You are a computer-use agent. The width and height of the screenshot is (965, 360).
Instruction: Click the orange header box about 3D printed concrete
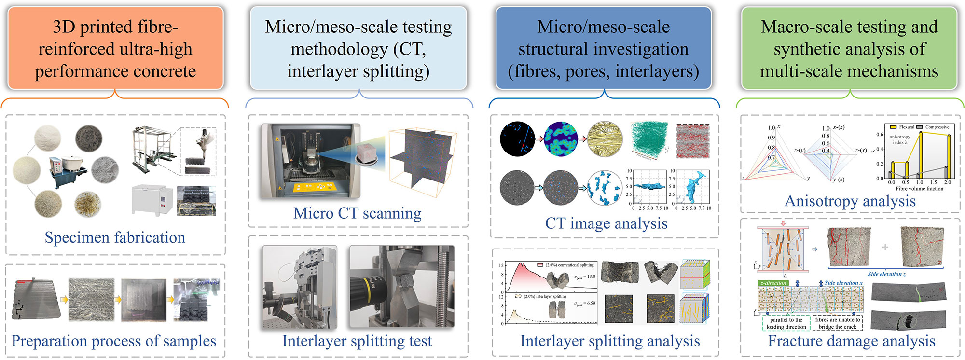click(115, 48)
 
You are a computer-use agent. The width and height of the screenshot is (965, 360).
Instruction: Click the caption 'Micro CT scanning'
click(357, 213)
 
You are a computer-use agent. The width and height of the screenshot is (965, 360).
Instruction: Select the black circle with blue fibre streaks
click(517, 138)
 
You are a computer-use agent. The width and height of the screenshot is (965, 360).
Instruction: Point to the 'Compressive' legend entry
click(937, 127)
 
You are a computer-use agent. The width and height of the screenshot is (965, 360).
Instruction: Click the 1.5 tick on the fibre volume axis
click(934, 182)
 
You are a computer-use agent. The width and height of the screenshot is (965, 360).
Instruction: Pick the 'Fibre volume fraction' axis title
click(919, 189)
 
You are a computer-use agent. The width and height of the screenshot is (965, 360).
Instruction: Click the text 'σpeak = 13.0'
click(585, 277)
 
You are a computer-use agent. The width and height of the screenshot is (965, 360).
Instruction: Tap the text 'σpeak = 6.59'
click(585, 304)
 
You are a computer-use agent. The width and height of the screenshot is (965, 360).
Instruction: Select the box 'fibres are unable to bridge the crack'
click(838, 323)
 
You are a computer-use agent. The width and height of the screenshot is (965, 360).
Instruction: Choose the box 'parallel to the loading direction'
click(786, 323)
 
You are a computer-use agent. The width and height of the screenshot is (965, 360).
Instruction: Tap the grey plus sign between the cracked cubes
click(885, 247)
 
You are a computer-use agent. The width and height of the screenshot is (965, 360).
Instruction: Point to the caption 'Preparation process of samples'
click(114, 341)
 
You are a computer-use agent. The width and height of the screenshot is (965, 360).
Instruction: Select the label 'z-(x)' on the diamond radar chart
click(861, 151)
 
